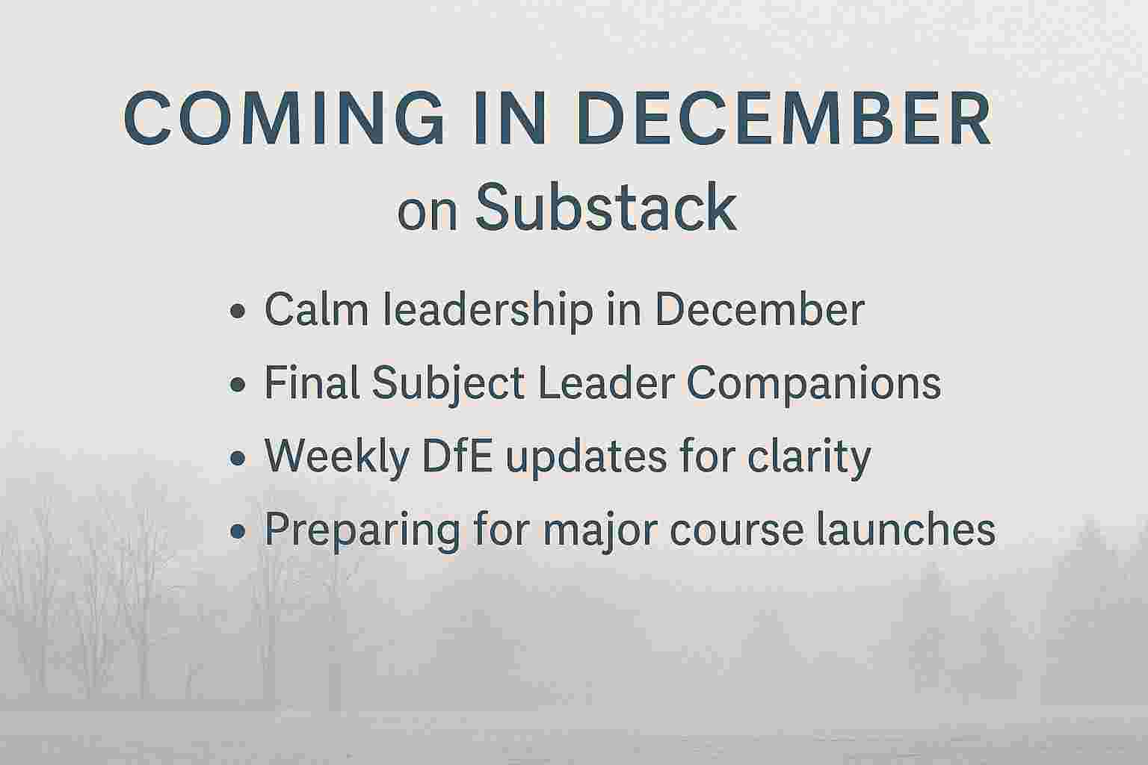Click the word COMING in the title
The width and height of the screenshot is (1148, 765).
[283, 118]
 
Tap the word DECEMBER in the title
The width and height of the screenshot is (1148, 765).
[784, 118]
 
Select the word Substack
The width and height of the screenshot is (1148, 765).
[606, 208]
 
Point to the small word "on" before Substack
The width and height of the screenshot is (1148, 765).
[427, 214]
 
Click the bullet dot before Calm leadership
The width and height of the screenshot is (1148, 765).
[238, 311]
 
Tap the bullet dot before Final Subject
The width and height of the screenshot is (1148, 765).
[238, 384]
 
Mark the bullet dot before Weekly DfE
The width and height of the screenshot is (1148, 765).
[238, 457]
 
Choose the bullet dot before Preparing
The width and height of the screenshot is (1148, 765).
[238, 531]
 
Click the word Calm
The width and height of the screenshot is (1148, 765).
[316, 309]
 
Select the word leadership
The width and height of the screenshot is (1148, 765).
[488, 311]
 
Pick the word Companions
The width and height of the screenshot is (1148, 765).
[813, 384]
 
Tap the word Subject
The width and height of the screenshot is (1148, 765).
[448, 384]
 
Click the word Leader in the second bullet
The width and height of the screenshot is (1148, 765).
[606, 382]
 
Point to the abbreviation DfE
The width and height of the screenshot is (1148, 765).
[457, 456]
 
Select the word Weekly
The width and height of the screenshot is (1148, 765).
[337, 457]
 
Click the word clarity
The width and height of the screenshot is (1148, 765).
[809, 457]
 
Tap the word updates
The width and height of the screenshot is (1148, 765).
[586, 457]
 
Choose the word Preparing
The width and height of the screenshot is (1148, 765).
[362, 531]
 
